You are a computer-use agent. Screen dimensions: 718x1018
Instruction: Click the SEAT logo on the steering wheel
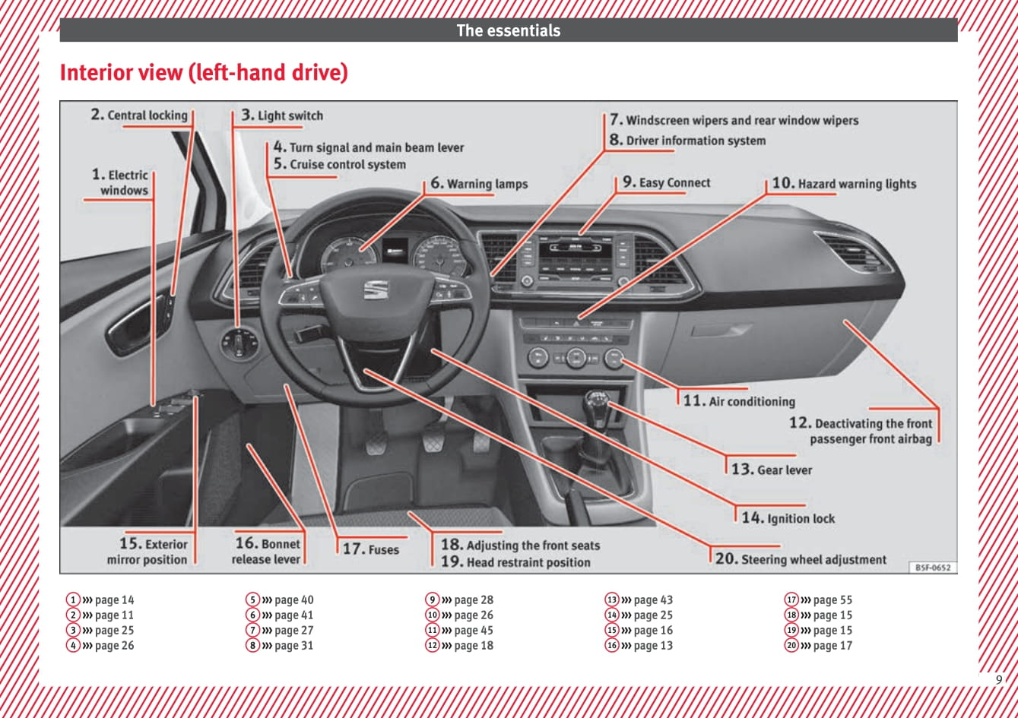[x=376, y=289]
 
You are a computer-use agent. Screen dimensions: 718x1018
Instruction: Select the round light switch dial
[x=239, y=344]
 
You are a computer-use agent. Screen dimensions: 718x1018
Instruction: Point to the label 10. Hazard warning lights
[x=844, y=184]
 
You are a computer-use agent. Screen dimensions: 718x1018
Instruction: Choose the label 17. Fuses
[x=370, y=549]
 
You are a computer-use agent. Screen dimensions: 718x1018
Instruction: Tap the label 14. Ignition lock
[x=788, y=518]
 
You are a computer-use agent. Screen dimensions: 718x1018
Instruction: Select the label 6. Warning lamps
[x=479, y=184]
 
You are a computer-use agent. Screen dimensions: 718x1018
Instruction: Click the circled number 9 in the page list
[x=432, y=600]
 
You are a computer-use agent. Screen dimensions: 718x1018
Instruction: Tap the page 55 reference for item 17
[x=832, y=600]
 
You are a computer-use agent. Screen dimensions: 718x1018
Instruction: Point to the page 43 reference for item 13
[x=653, y=600]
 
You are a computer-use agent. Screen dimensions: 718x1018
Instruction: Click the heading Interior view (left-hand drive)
[x=204, y=73]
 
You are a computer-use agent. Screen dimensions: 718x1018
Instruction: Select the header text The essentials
[x=508, y=31]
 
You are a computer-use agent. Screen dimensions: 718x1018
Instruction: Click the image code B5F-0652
[x=933, y=568]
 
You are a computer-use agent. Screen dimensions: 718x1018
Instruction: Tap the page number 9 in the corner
[x=999, y=679]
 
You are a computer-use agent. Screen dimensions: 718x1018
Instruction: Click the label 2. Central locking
[x=139, y=115]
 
